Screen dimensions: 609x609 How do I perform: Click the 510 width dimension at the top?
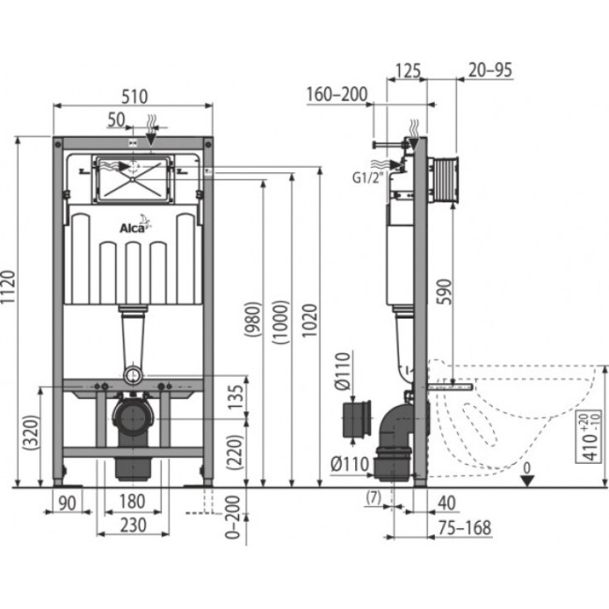pyautogui.click(x=133, y=97)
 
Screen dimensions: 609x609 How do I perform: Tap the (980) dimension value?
pyautogui.click(x=251, y=323)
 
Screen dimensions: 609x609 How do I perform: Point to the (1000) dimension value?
pyautogui.click(x=278, y=323)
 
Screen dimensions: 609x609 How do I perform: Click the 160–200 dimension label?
pyautogui.click(x=336, y=94)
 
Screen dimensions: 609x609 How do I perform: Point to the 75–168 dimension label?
pyautogui.click(x=466, y=527)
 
